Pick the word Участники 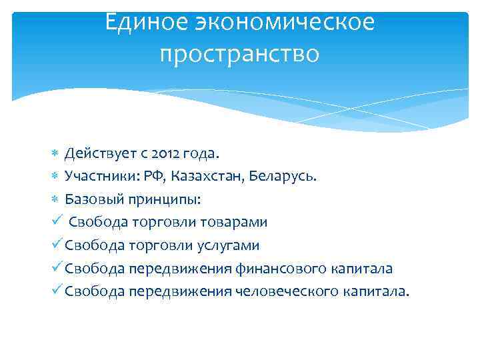coord(97,177)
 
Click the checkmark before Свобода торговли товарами coord(58,221)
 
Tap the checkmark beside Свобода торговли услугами coord(58,245)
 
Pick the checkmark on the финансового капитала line coord(58,267)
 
